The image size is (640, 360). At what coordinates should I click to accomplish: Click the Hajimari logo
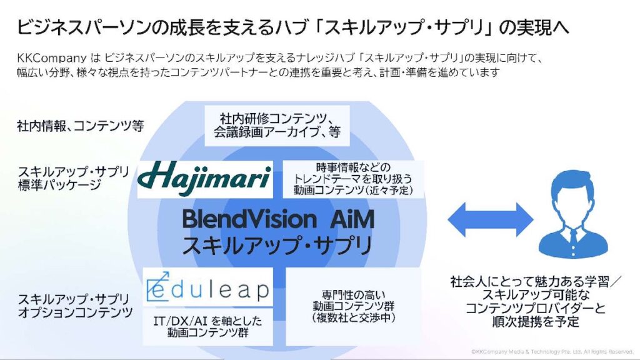(204, 177)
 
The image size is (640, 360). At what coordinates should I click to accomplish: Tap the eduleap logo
(207, 287)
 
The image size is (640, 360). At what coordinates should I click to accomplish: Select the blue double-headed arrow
(490, 219)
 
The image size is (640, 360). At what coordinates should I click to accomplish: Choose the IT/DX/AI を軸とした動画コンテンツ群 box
(207, 326)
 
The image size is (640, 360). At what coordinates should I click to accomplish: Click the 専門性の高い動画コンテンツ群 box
(353, 306)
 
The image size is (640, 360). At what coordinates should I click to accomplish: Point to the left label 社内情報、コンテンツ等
(80, 126)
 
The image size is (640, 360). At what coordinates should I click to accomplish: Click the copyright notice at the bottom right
(552, 352)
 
